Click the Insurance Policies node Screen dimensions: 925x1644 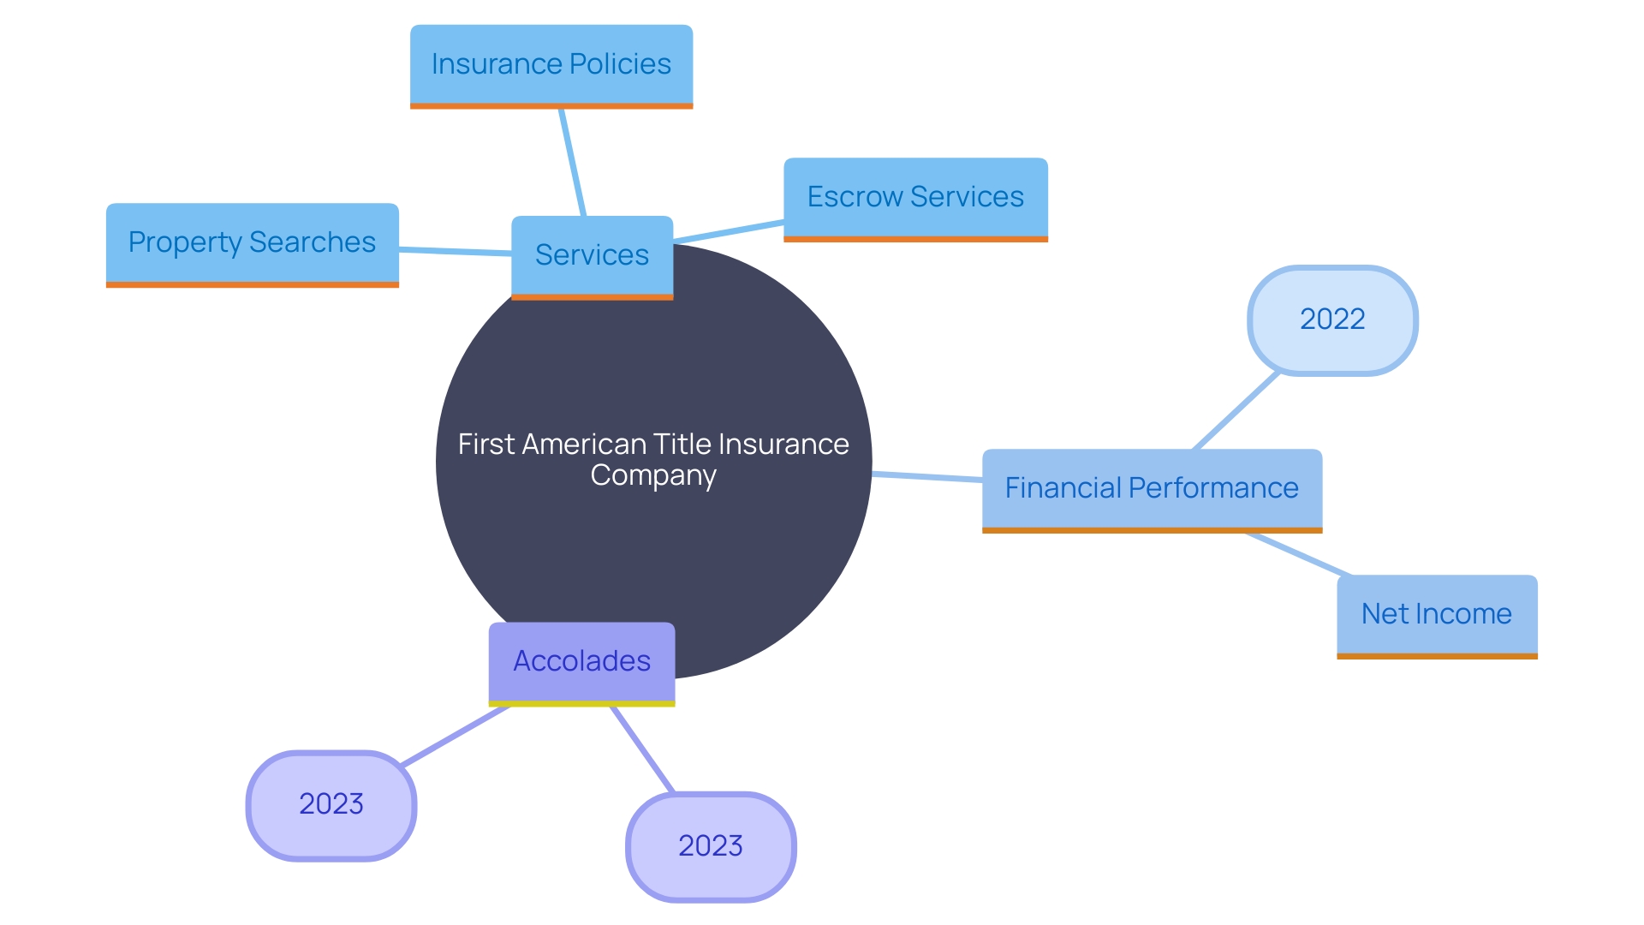[x=551, y=65]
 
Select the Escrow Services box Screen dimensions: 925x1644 [x=915, y=198]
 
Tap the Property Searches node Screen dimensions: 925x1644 [x=252, y=243]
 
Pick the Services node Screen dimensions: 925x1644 [x=592, y=255]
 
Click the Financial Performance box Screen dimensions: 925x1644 [x=1152, y=488]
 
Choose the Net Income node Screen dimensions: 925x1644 [x=1437, y=614]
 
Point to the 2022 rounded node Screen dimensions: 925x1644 [x=1332, y=319]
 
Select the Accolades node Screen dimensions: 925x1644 [x=581, y=661]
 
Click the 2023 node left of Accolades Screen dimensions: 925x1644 [x=331, y=804]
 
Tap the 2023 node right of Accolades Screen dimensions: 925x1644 [x=711, y=846]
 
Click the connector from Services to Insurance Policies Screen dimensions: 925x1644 [x=572, y=162]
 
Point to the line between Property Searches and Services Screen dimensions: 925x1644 [x=455, y=251]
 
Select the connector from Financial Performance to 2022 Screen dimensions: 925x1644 [x=1236, y=411]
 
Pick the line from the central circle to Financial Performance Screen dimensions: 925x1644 [x=926, y=476]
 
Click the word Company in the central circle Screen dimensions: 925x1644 [x=653, y=475]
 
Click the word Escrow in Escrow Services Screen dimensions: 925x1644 [x=855, y=198]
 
